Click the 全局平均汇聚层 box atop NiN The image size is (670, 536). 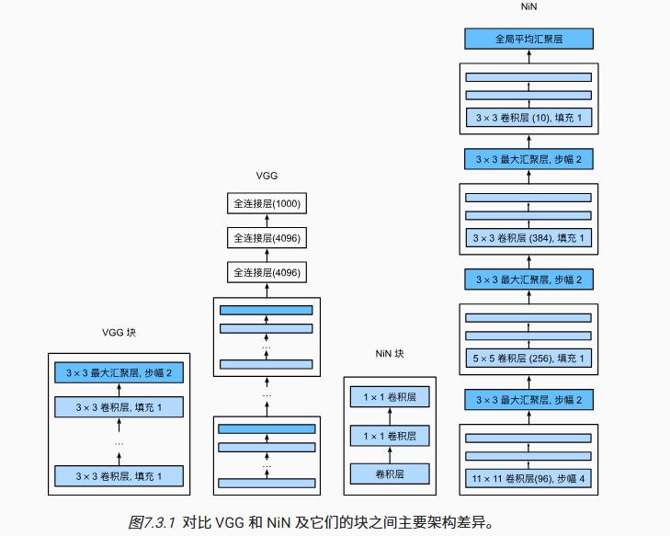pyautogui.click(x=528, y=40)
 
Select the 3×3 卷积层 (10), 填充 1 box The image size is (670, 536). pyautogui.click(x=528, y=118)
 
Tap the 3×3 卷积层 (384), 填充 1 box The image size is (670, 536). pyautogui.click(x=528, y=238)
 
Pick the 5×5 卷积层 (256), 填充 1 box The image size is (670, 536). pyautogui.click(x=528, y=357)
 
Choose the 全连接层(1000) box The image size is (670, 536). pyautogui.click(x=267, y=203)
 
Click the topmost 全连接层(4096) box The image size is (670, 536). pyautogui.click(x=267, y=238)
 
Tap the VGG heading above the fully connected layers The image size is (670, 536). pyautogui.click(x=267, y=175)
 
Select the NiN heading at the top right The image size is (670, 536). pyautogui.click(x=528, y=7)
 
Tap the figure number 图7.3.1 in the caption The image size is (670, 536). pyautogui.click(x=152, y=521)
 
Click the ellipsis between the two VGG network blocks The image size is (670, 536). pyautogui.click(x=267, y=394)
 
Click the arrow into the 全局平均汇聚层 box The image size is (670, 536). pyautogui.click(x=528, y=56)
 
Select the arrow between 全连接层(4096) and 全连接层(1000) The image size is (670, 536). pyautogui.click(x=267, y=221)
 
